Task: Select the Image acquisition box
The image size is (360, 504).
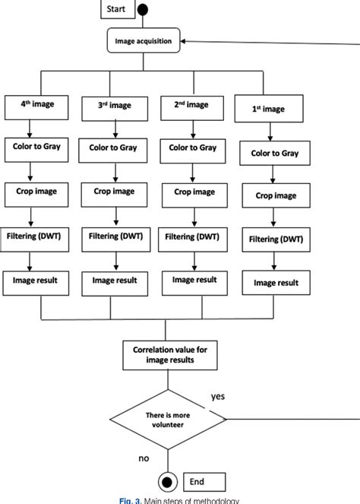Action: [x=144, y=42]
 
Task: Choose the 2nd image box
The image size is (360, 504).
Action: [x=190, y=107]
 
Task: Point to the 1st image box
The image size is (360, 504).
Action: [x=269, y=109]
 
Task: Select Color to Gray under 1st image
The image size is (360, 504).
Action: [x=276, y=153]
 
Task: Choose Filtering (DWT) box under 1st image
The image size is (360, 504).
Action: [x=276, y=239]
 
